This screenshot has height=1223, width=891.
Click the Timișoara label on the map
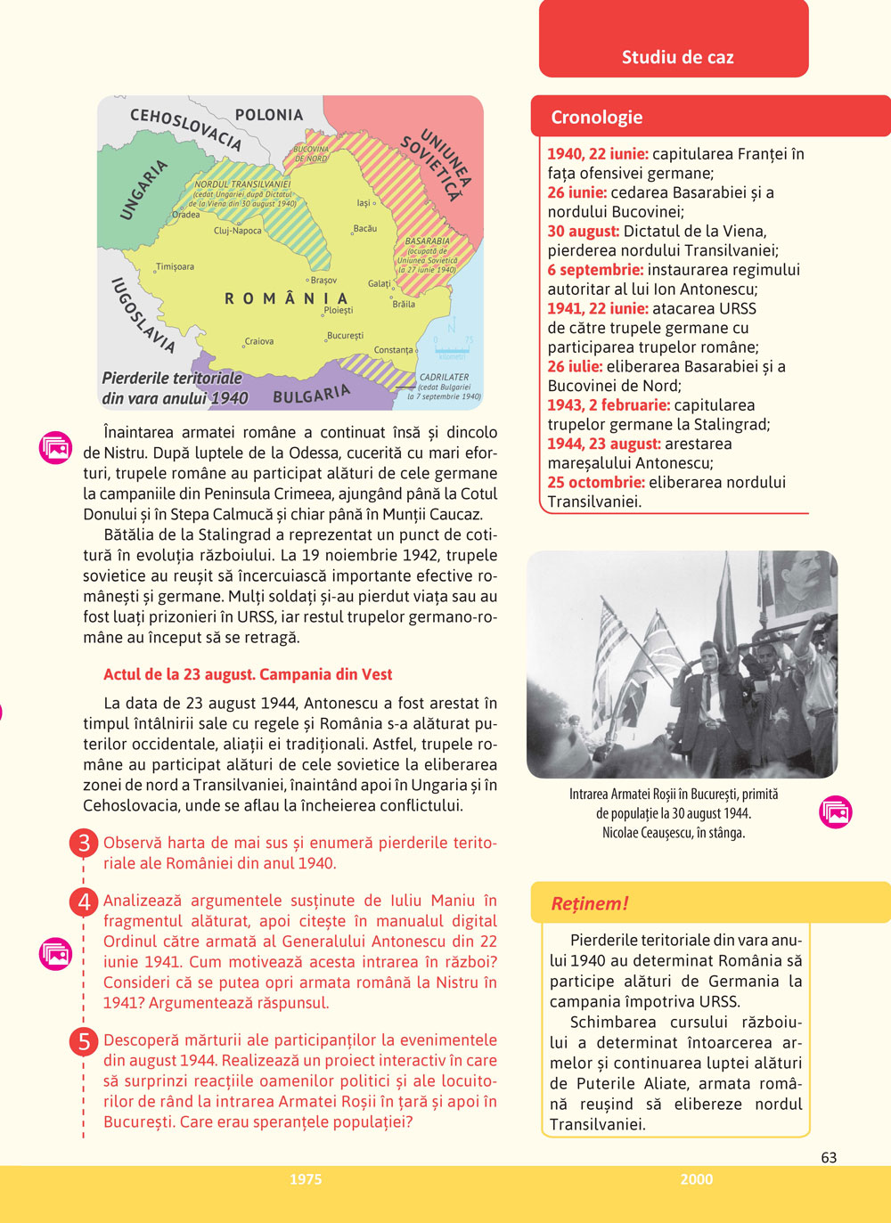click(175, 266)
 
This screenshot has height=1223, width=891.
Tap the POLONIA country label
click(269, 115)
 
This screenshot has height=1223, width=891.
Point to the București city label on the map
click(346, 336)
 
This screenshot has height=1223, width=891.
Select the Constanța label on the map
click(394, 350)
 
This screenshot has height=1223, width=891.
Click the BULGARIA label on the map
click(312, 394)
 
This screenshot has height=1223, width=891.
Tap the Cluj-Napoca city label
click(238, 231)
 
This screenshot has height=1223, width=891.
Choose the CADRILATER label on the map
click(444, 378)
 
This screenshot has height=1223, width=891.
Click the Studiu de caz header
click(677, 58)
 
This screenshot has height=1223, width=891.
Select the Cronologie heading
click(596, 118)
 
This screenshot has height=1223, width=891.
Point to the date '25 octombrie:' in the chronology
click(595, 483)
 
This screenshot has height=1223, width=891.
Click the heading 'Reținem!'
click(590, 903)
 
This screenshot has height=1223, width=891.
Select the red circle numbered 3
click(84, 843)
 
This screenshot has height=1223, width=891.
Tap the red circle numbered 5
click(84, 1040)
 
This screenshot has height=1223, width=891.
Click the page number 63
click(829, 1157)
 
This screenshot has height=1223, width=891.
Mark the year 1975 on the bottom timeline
click(306, 1179)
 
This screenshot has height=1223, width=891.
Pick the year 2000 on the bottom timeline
click(696, 1179)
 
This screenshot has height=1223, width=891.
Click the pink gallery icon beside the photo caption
click(836, 812)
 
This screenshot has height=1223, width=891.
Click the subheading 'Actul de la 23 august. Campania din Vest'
click(248, 674)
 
